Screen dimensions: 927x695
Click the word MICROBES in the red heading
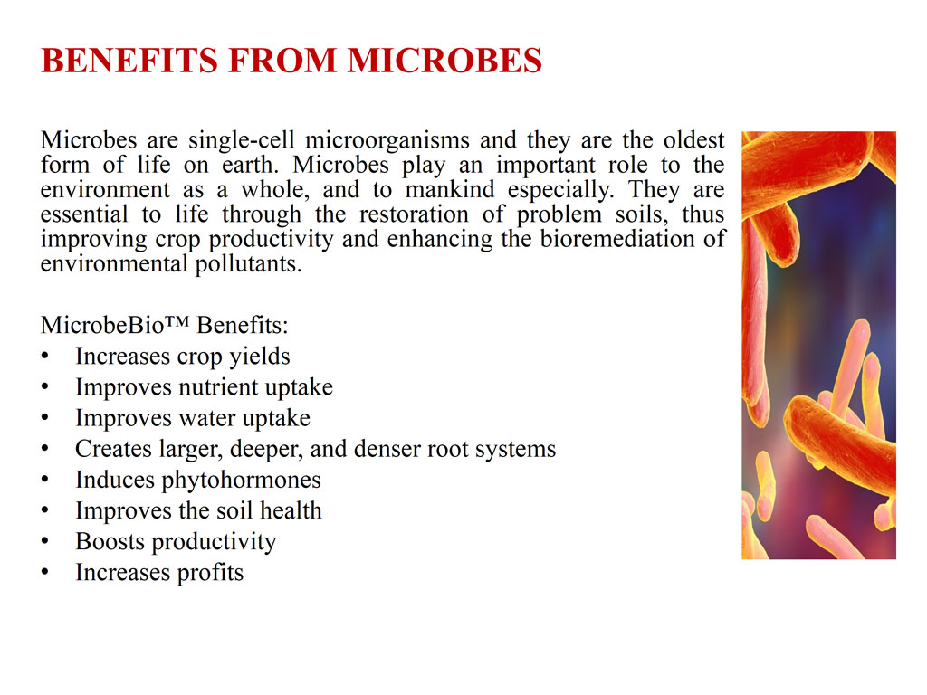pos(444,61)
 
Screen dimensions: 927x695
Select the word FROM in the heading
pos(282,61)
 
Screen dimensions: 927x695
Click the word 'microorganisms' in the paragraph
pos(387,140)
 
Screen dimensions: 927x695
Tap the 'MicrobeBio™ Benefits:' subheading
pos(165,325)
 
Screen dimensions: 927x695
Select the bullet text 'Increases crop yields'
pos(183,357)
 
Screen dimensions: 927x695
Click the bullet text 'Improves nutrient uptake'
pos(204,387)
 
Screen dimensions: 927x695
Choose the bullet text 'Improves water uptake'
pos(193,418)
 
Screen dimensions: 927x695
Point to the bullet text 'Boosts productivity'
pos(177,541)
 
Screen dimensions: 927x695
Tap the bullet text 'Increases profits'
pos(159,572)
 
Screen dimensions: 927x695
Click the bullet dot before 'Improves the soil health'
pos(45,510)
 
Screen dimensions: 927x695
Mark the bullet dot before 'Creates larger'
pos(45,449)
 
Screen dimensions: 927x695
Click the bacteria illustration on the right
pos(818,345)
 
